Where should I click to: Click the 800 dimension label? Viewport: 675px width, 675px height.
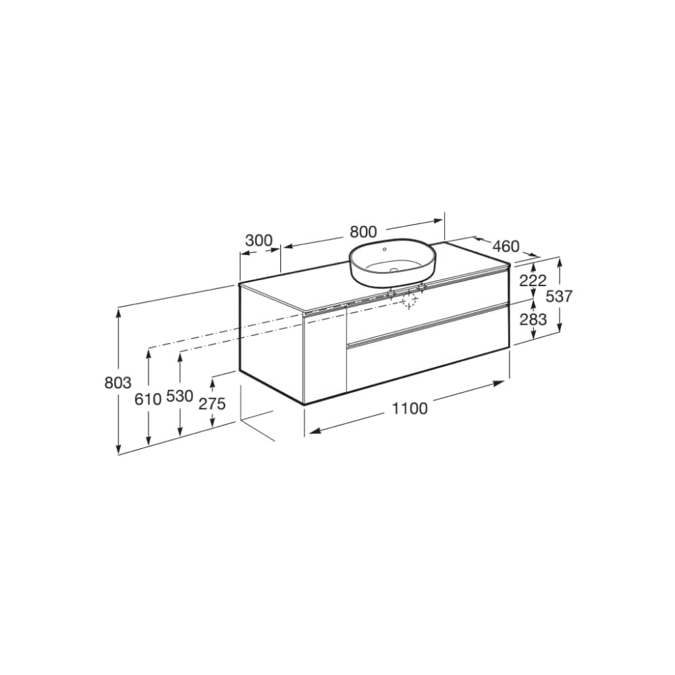[x=363, y=232]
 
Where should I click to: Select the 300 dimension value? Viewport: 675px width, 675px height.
[x=259, y=240]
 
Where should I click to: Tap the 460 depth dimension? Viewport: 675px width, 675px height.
[x=506, y=246]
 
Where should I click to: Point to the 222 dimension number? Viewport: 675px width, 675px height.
[x=533, y=281]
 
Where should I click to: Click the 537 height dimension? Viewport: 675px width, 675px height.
[x=559, y=296]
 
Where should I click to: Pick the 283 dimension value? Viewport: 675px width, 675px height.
[x=533, y=319]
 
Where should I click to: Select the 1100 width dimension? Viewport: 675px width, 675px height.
[x=409, y=408]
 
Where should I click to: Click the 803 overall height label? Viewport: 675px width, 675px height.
[x=118, y=383]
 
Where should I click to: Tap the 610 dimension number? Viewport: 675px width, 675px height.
[x=148, y=399]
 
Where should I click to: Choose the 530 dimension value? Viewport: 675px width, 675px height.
[x=180, y=396]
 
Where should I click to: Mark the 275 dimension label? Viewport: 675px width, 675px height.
[x=212, y=404]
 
